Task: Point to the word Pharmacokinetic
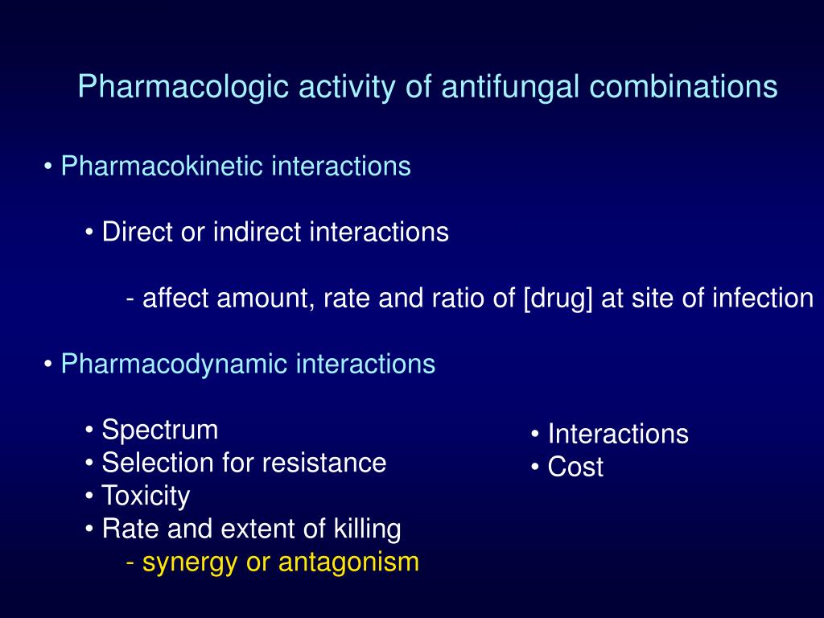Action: (x=163, y=167)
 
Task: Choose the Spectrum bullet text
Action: (x=160, y=430)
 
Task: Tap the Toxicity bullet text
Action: (x=146, y=496)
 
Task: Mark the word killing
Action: (x=365, y=529)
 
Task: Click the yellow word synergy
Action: (x=190, y=562)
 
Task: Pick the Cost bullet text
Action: (x=575, y=467)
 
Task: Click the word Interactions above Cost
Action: (x=618, y=434)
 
